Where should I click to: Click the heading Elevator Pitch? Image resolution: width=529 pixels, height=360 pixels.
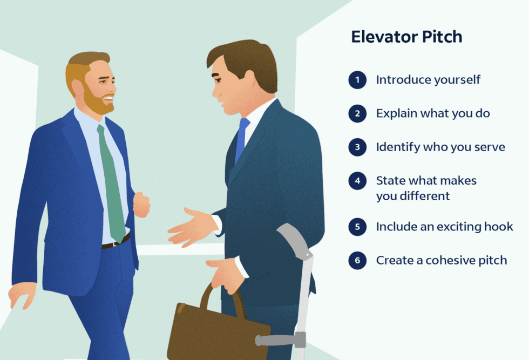tap(406, 37)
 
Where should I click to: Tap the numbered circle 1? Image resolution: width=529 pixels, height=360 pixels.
tap(357, 80)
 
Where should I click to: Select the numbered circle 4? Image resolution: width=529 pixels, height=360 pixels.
tap(357, 181)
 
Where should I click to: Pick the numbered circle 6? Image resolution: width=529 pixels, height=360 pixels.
tap(357, 261)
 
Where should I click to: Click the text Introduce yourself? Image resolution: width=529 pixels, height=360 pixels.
tap(428, 80)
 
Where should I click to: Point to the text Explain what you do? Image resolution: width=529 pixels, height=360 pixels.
tap(432, 113)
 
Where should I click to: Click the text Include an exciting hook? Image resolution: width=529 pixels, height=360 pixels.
tap(444, 227)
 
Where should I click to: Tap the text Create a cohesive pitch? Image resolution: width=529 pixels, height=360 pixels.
tap(442, 261)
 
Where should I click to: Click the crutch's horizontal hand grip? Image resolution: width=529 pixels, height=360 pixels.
tap(275, 340)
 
